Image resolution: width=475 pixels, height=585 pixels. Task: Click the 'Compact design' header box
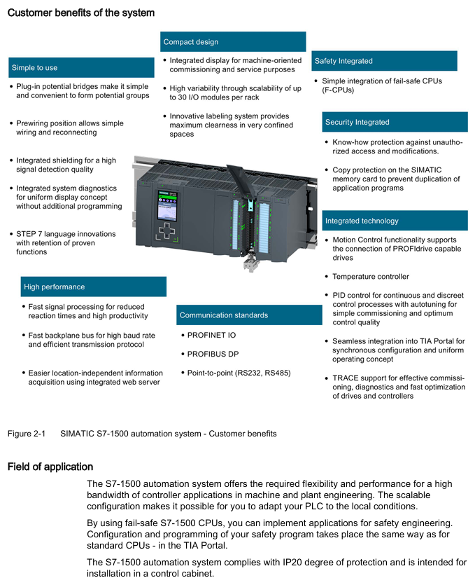coord(233,42)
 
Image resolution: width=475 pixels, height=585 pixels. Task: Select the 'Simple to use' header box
coord(81,68)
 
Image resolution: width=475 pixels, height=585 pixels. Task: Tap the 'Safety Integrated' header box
coord(384,61)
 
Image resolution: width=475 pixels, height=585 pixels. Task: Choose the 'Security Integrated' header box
coord(395,122)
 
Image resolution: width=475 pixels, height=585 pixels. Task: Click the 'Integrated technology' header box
coord(395,221)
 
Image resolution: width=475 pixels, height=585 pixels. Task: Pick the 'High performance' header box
coord(94,287)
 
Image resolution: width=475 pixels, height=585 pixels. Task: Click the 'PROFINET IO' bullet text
coord(211,335)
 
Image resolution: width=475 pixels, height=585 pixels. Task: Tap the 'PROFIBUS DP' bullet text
coord(213,354)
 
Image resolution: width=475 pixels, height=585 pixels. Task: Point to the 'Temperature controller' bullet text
coord(370,277)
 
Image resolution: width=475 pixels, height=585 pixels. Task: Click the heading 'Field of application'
coord(50,467)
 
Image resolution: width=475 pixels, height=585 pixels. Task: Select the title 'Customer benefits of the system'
coord(81,13)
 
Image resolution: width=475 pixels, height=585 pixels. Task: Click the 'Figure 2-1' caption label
coord(26,434)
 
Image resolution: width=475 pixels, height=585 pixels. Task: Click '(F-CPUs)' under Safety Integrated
coord(338,90)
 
